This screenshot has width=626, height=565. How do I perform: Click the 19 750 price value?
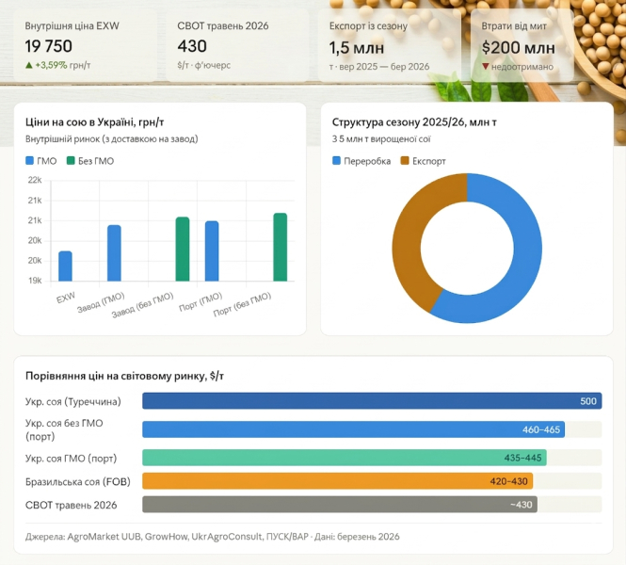click(x=49, y=46)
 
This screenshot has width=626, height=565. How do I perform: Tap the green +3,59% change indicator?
click(x=57, y=66)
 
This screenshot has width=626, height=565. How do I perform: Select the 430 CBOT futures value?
click(x=192, y=46)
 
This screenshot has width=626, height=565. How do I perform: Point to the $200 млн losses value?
click(x=518, y=46)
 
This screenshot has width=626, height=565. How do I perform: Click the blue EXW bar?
click(x=65, y=266)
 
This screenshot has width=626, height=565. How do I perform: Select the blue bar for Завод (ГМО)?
click(x=114, y=252)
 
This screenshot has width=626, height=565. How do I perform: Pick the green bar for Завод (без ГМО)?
click(x=183, y=249)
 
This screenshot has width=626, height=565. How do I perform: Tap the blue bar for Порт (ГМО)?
click(x=212, y=250)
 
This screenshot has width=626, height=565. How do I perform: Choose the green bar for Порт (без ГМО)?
click(x=281, y=247)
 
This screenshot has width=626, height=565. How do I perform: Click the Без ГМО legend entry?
click(x=90, y=161)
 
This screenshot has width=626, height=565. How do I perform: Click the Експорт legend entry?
click(x=424, y=161)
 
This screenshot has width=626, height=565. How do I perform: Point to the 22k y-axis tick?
click(x=35, y=180)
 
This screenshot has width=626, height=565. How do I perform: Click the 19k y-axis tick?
click(x=35, y=281)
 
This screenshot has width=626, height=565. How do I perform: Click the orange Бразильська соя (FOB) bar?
click(x=337, y=480)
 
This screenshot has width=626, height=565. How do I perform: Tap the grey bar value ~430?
click(x=521, y=506)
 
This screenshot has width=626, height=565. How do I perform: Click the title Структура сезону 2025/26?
click(x=414, y=121)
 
